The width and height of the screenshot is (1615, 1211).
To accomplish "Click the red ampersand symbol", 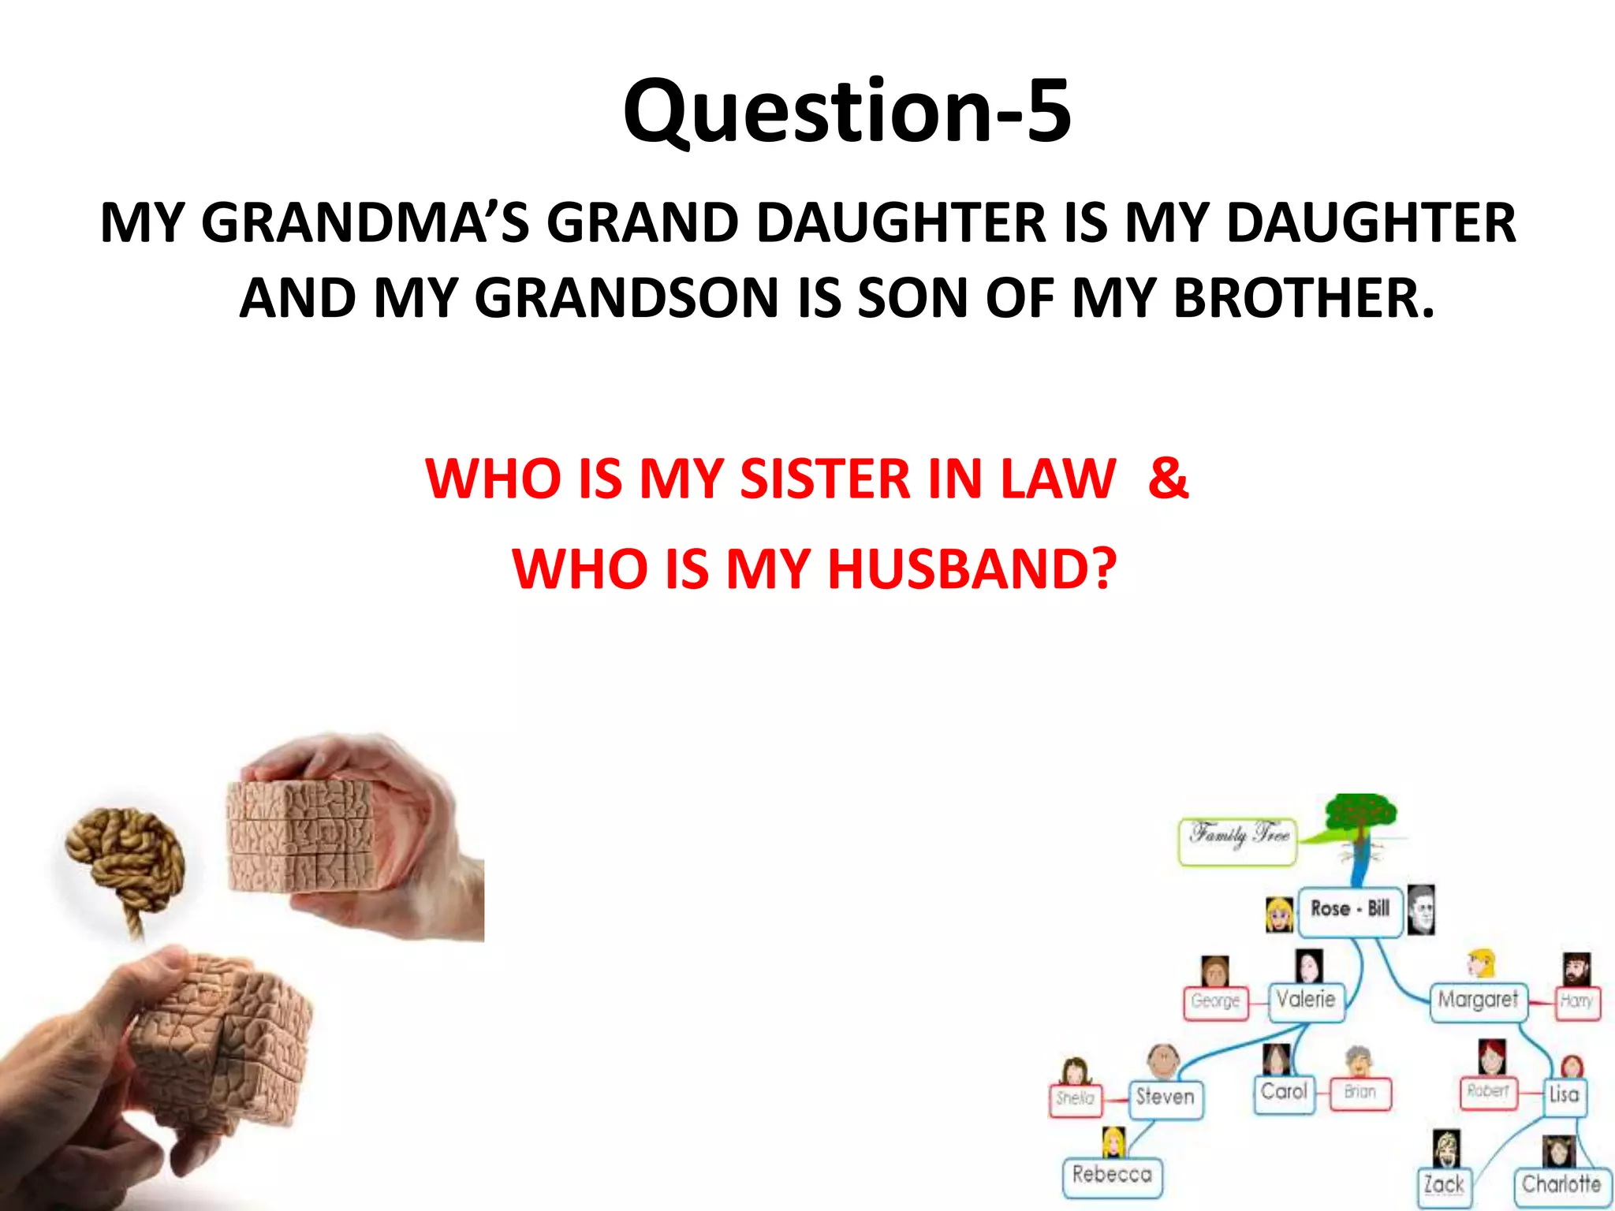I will (x=1168, y=478).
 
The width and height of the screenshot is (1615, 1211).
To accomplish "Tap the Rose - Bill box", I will (x=1349, y=909).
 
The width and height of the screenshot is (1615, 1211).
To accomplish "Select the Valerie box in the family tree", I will (x=1306, y=1000).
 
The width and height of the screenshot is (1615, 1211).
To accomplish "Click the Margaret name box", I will (x=1478, y=1000).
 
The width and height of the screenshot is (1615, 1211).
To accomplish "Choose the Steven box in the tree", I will (x=1165, y=1097).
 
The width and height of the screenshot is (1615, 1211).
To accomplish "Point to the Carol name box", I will (x=1284, y=1092).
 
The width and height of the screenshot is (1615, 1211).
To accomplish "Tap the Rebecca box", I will (x=1112, y=1176).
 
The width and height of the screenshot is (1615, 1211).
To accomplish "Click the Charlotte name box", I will (x=1561, y=1185).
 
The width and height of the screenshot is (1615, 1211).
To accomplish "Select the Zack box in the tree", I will (x=1444, y=1185).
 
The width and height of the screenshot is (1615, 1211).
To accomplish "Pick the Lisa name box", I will (x=1564, y=1094).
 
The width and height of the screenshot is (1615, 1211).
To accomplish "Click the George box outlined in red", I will (x=1215, y=1002).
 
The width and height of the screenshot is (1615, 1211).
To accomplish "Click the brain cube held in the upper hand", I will (x=300, y=836).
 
